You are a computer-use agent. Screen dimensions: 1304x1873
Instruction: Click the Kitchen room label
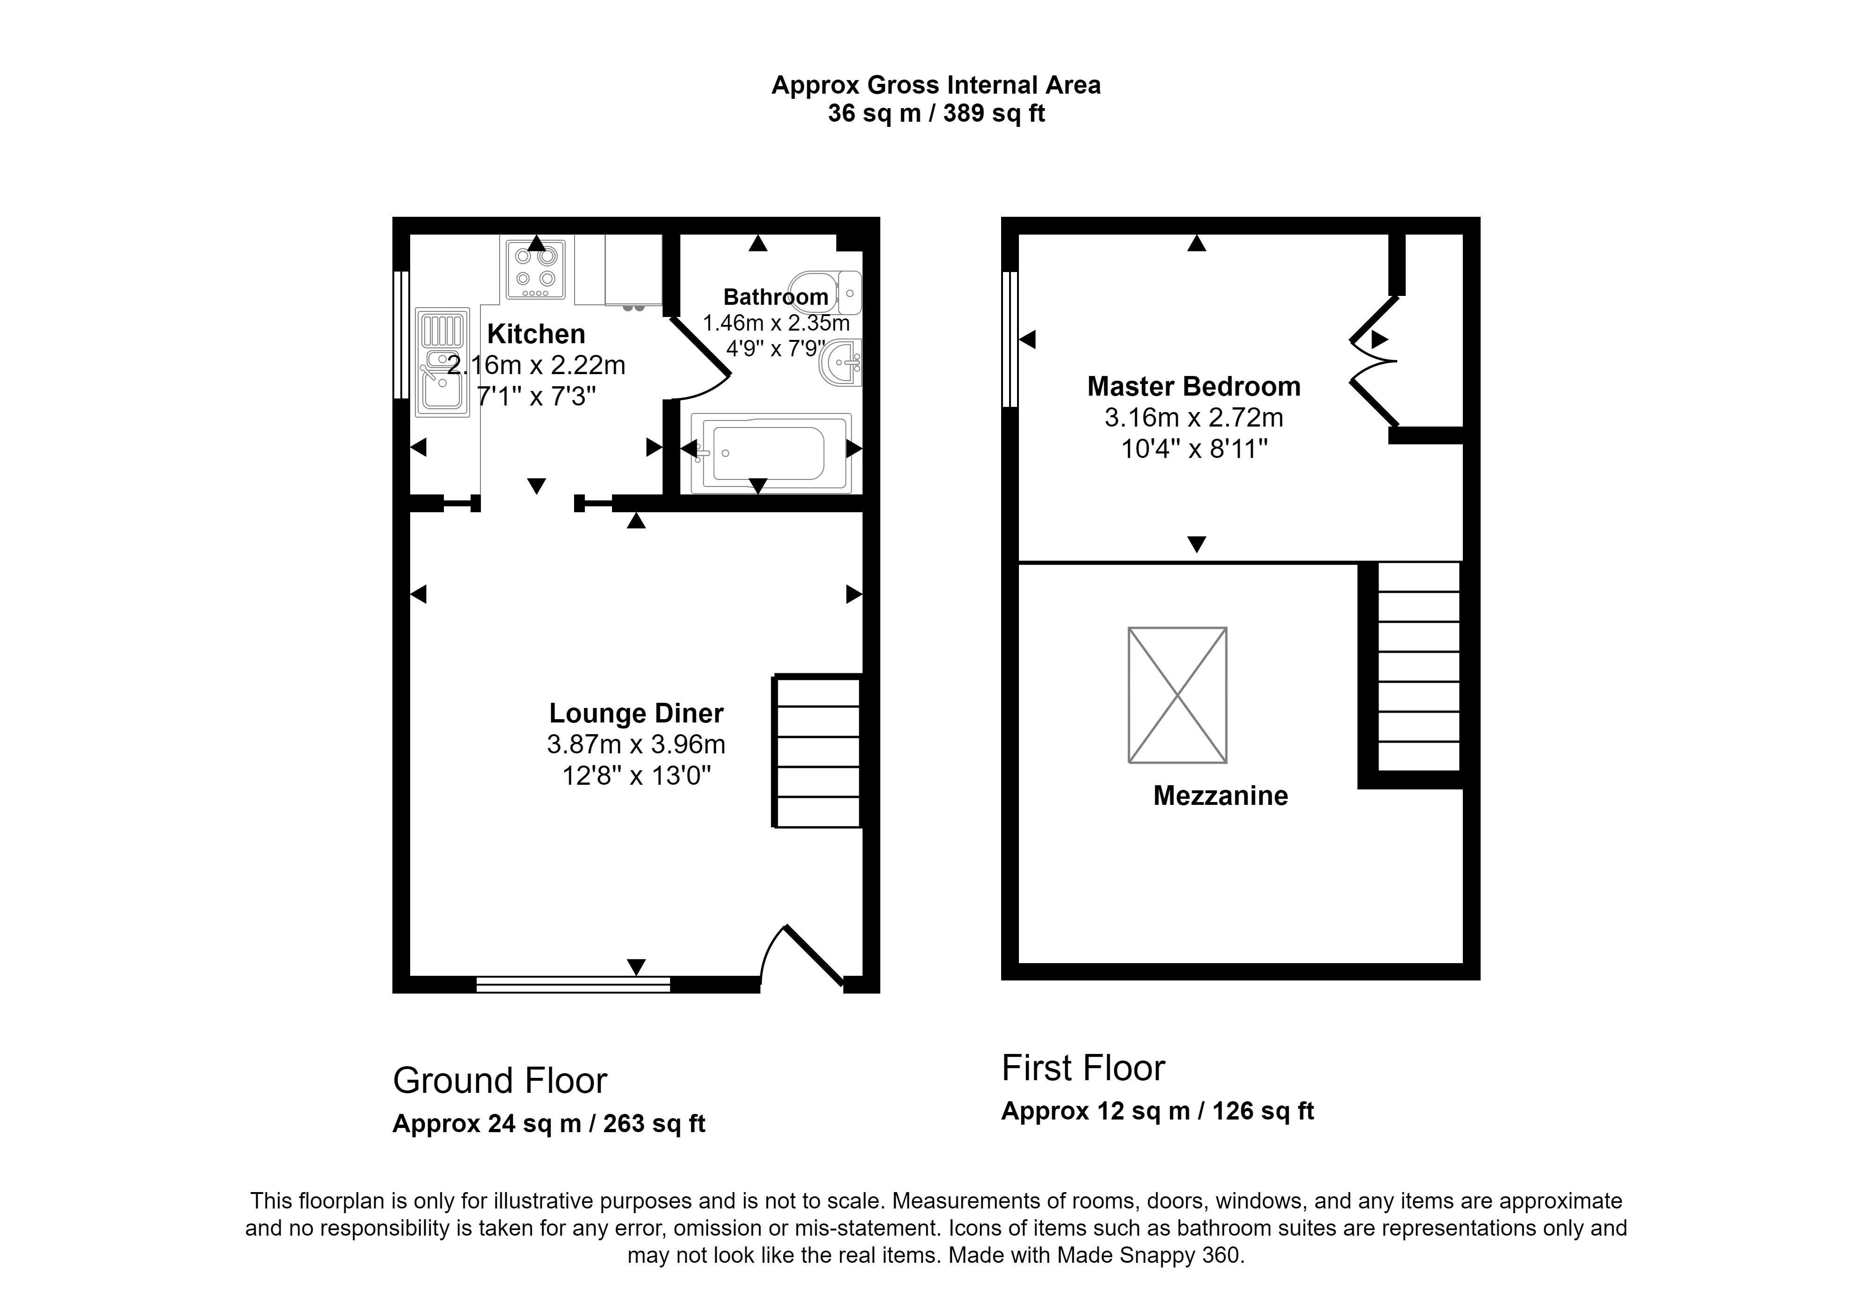[536, 334]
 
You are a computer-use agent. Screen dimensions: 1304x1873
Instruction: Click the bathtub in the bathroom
[770, 453]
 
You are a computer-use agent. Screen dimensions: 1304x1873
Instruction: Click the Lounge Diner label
[636, 714]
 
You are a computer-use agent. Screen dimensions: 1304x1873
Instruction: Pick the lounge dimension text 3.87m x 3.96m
[636, 744]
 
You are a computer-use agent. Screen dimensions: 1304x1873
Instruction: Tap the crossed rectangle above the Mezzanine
[1177, 695]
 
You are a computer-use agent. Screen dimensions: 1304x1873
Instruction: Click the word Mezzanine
[1220, 796]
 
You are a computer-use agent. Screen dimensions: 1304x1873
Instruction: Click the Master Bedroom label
[1194, 387]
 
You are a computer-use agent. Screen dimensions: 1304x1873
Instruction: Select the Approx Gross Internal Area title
[936, 86]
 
